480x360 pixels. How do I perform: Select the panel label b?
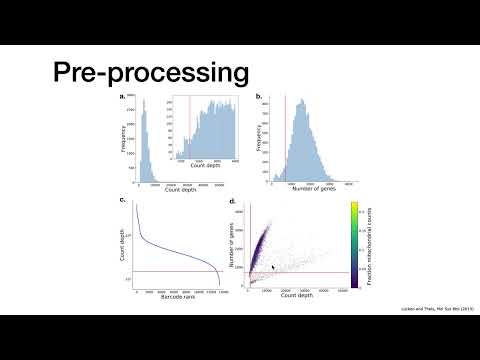point(259,97)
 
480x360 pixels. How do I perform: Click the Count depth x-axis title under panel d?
point(299,297)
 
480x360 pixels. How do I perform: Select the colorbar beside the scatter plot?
point(355,245)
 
